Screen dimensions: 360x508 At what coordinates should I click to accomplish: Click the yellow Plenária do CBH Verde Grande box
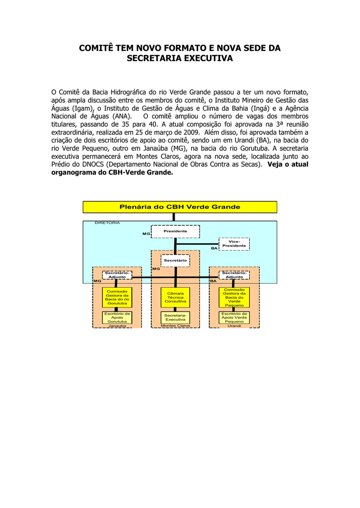point(180,207)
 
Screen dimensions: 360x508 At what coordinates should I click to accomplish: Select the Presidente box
point(175,231)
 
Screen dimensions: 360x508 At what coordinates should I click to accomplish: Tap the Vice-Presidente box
point(234,244)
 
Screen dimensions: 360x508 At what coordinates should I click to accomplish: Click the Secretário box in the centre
point(175,260)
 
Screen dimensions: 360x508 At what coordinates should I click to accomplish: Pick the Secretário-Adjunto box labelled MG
point(117,275)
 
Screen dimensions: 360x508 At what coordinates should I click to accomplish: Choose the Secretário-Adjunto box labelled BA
point(234,275)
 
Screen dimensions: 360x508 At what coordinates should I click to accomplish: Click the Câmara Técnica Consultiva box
point(175,298)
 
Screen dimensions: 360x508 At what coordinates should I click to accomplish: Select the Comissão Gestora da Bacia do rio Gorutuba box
point(117,298)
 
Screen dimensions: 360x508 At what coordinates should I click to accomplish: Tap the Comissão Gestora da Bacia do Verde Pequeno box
point(234,298)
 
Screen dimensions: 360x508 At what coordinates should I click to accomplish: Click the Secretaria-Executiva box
point(175,317)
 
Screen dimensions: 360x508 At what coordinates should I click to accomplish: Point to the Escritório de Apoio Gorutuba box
point(117,317)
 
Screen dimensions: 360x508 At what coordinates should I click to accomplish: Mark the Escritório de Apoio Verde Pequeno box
point(234,317)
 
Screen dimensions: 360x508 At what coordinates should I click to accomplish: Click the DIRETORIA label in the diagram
point(107,223)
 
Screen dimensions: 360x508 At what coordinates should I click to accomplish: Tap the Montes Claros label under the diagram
point(175,325)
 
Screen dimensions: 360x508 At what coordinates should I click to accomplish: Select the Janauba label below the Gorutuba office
point(117,325)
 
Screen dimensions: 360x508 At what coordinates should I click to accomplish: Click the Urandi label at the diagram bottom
point(234,325)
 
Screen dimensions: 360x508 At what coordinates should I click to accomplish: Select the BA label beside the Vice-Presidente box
point(215,248)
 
